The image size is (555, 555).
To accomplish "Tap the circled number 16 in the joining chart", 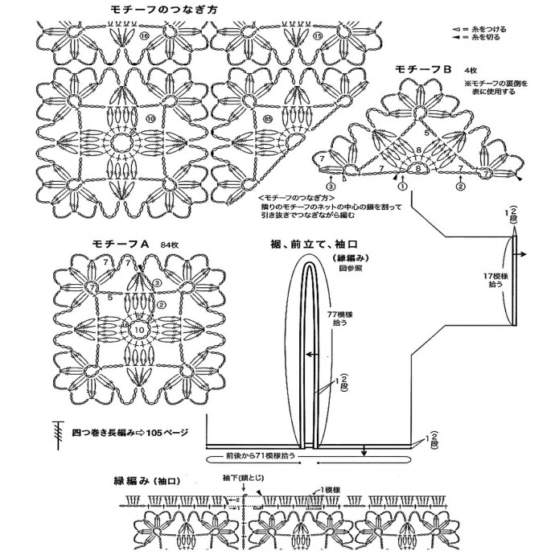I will click(x=145, y=37).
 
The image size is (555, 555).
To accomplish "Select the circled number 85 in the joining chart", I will click(x=245, y=120).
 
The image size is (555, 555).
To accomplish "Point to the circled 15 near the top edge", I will click(x=318, y=36).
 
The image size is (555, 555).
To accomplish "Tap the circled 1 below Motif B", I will click(x=402, y=186).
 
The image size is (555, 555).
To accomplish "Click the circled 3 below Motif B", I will click(x=331, y=186).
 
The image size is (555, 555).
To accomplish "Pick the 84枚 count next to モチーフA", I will click(x=169, y=243).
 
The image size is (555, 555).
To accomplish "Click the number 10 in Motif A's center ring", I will click(x=139, y=330).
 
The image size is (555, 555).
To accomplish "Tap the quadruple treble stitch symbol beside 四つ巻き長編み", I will click(x=58, y=431).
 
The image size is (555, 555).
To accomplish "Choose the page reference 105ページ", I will click(x=164, y=432).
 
